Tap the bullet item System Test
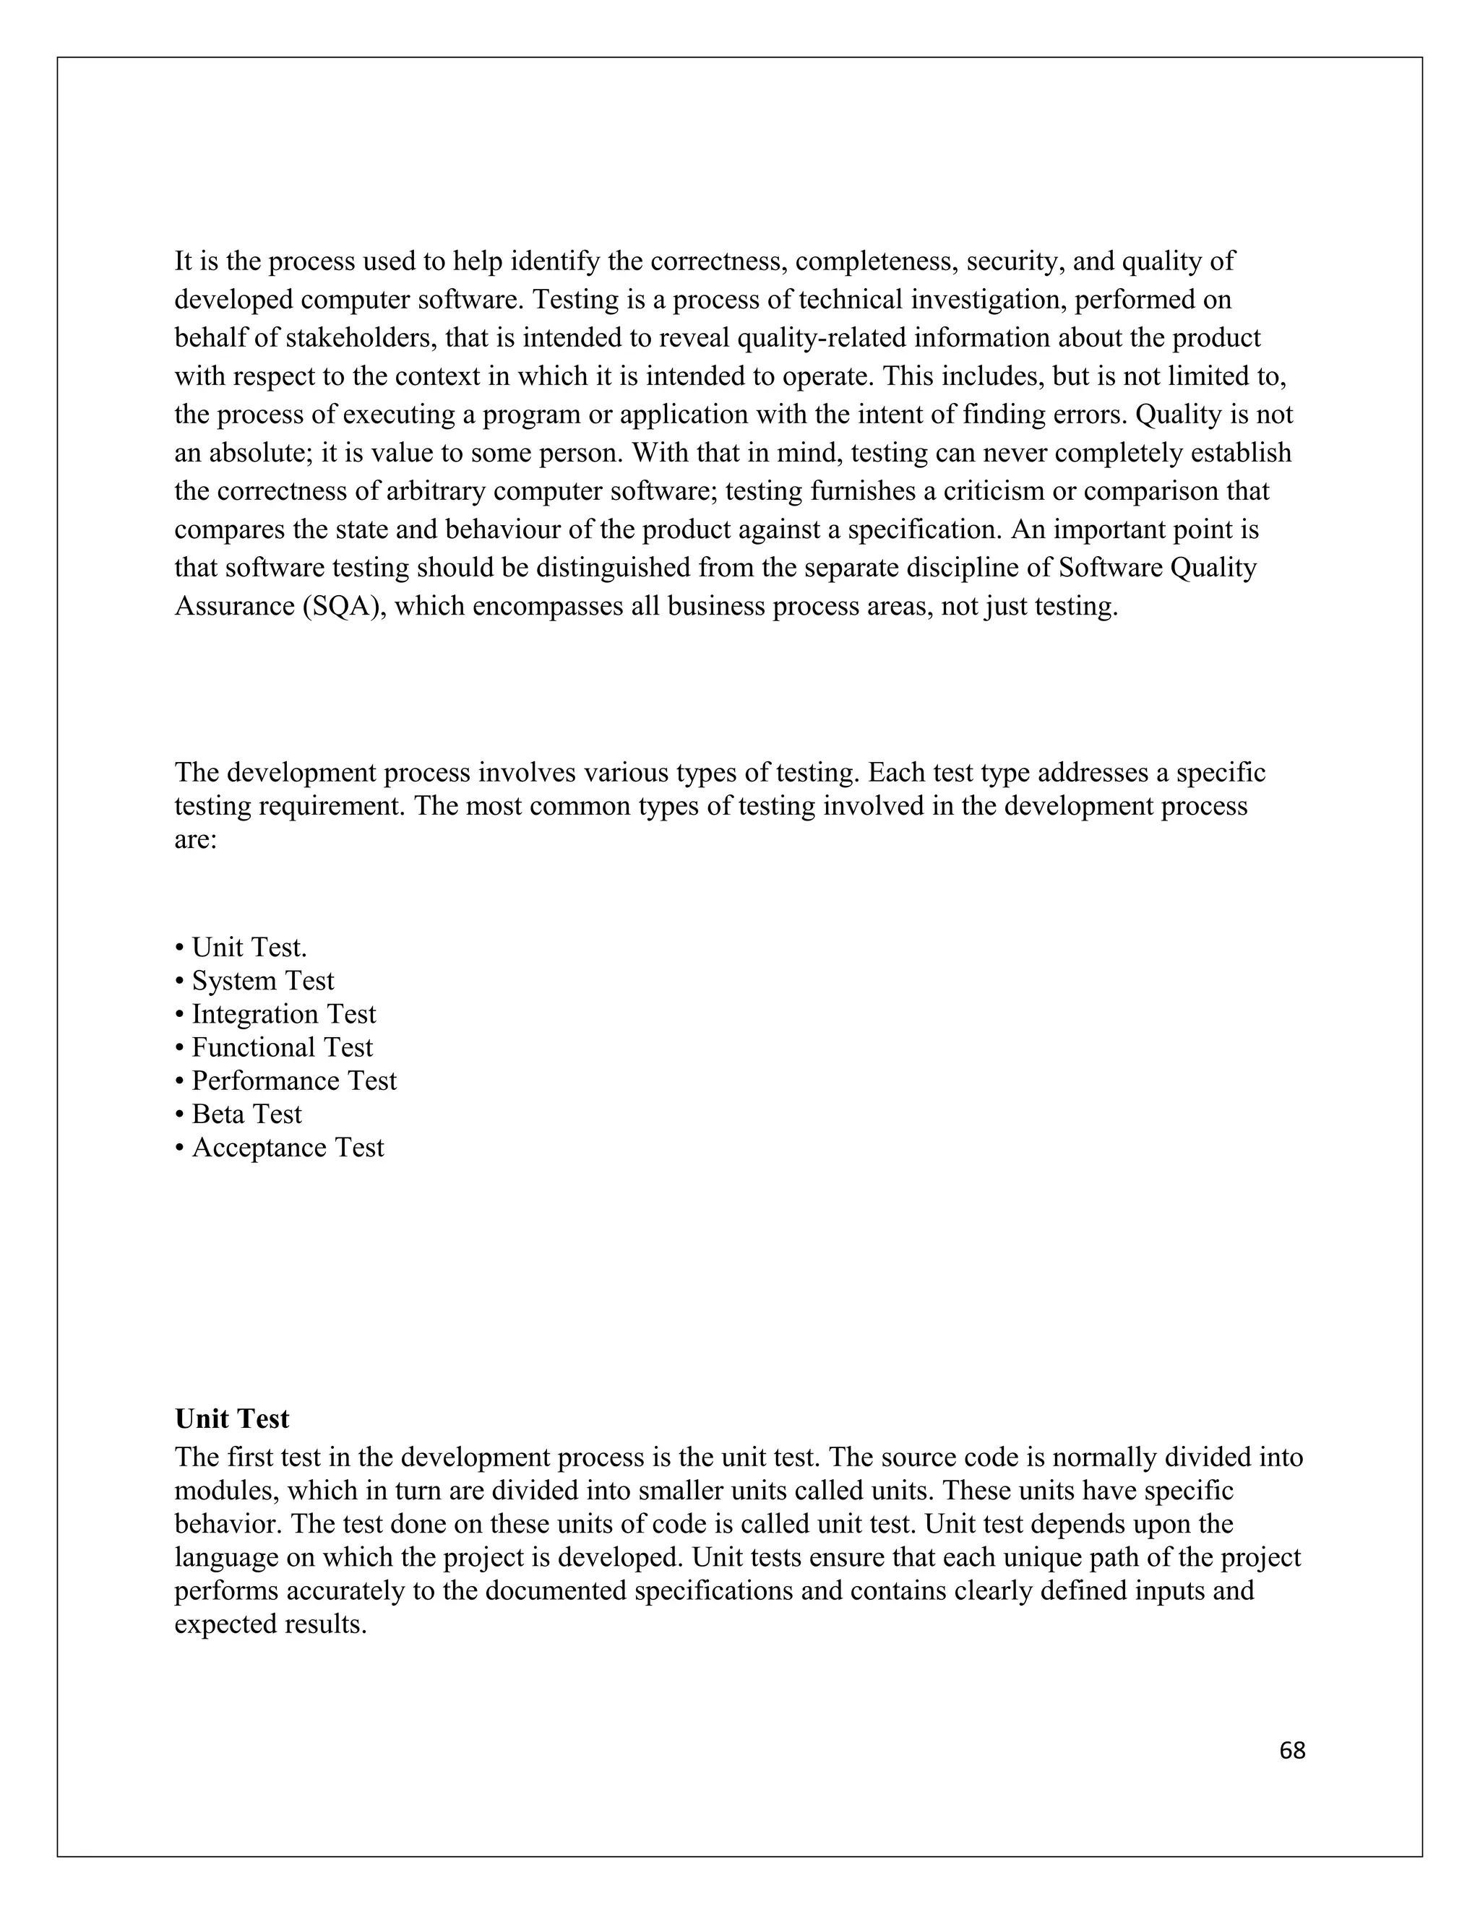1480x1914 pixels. pos(262,980)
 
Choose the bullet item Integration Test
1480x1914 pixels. pos(283,1013)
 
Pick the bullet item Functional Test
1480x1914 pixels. pos(281,1047)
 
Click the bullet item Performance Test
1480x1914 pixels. pos(293,1080)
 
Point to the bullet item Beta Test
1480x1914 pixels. pos(246,1113)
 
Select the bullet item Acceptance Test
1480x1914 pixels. pos(287,1146)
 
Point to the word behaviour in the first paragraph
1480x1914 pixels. pos(504,529)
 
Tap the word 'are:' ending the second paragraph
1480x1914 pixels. pos(196,839)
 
